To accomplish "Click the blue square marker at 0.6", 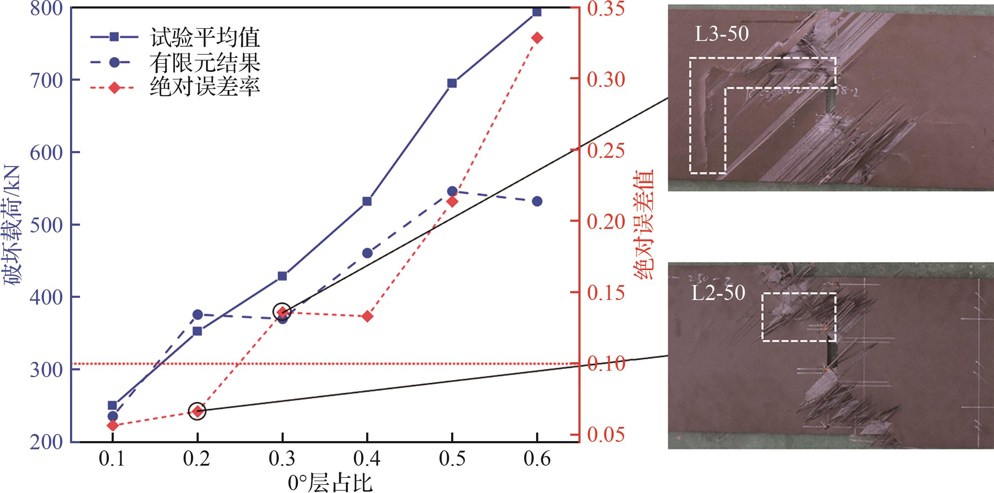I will [x=537, y=12].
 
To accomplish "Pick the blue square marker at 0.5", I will [x=452, y=83].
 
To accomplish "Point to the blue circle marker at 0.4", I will [x=367, y=253].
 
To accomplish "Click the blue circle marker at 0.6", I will [x=537, y=202].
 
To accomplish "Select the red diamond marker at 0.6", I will [x=537, y=38].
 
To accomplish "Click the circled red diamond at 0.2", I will [x=197, y=411].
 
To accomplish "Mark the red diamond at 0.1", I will [x=112, y=426].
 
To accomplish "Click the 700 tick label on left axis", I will [x=46, y=81].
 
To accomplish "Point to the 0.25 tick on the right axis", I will [x=605, y=150].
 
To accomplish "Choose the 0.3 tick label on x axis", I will [x=282, y=459].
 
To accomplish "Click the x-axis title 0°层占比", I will [x=330, y=483].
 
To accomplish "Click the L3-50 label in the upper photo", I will [x=722, y=33].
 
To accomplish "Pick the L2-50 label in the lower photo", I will [x=718, y=293].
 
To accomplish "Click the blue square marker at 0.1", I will [x=112, y=406].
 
